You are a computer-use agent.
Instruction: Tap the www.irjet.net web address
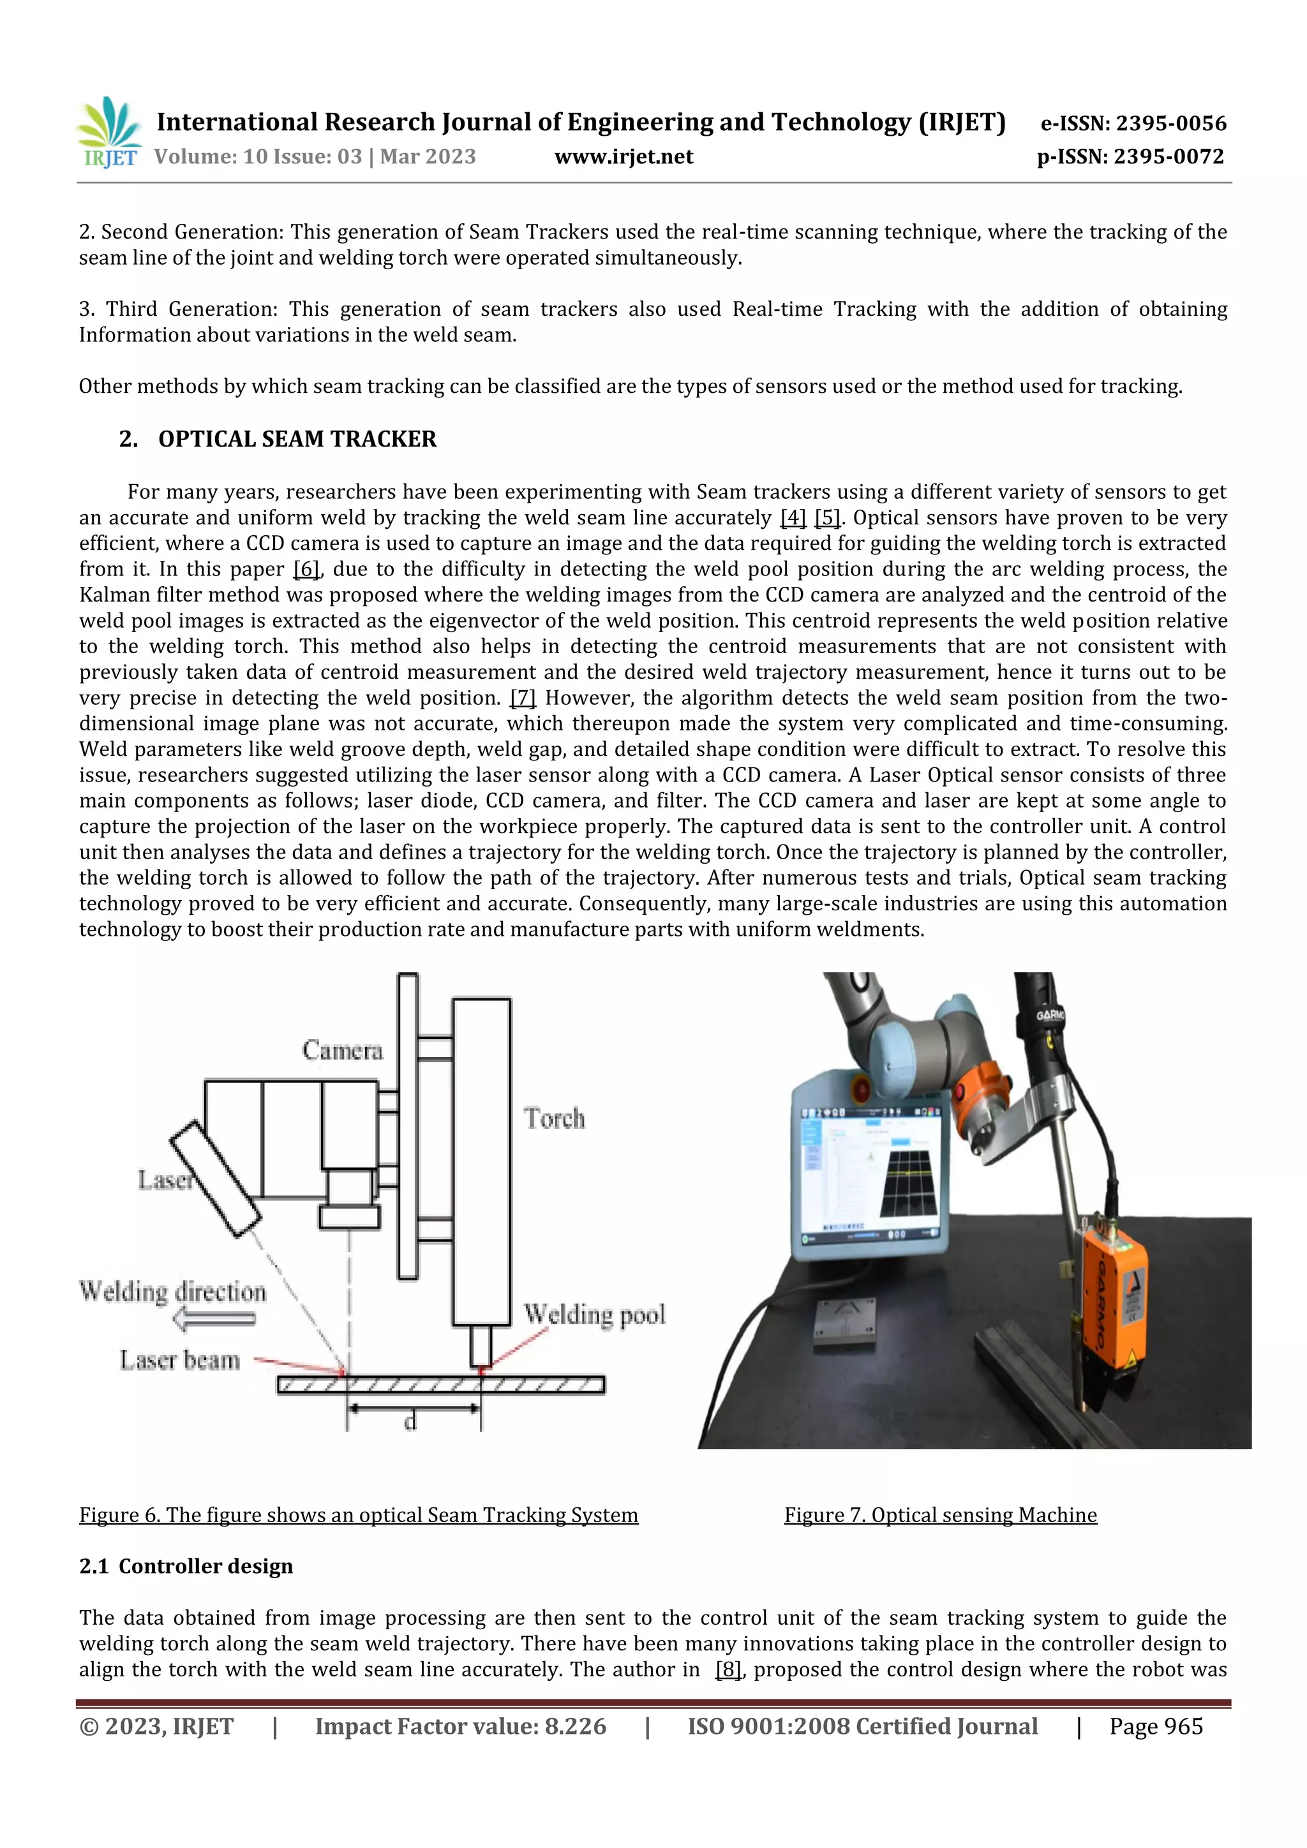624,156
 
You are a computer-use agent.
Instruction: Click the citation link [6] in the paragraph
307,569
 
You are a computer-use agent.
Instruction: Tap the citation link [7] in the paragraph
523,698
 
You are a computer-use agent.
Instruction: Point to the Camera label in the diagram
342,1051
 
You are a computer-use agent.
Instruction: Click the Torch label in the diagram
554,1118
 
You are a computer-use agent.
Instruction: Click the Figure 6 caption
359,1515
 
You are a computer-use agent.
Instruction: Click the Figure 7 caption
940,1515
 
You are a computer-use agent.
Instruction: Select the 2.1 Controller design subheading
186,1566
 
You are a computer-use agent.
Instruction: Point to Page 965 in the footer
1155,1726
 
